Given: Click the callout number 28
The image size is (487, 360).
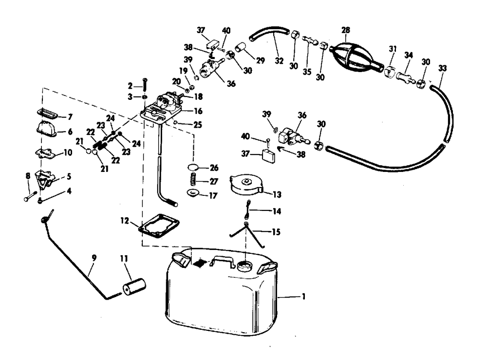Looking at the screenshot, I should [x=346, y=30].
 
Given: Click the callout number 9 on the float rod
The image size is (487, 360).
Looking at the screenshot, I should [x=94, y=267].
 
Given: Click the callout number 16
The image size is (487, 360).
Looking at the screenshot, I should [x=198, y=111].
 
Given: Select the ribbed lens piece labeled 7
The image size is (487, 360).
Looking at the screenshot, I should [x=48, y=115].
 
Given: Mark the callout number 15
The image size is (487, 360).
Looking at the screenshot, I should [x=276, y=232].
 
